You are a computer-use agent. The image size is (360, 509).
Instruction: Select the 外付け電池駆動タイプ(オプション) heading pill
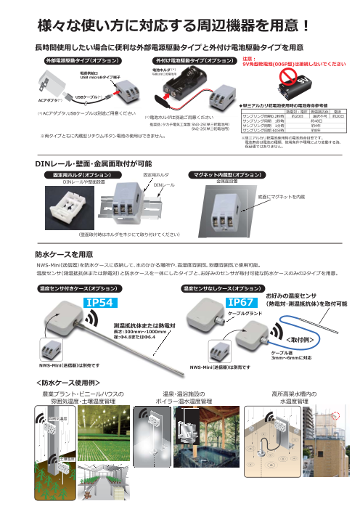click(x=184, y=60)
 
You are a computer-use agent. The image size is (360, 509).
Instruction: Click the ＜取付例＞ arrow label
click(x=299, y=339)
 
